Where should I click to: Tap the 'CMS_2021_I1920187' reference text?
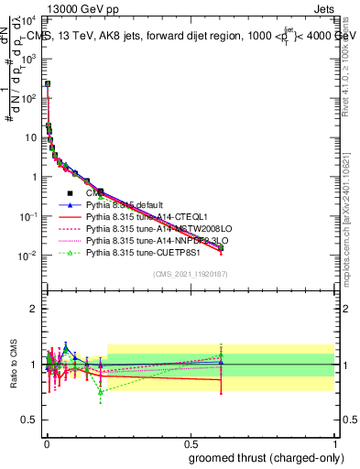point(191,273)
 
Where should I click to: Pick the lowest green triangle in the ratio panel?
point(100,392)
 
